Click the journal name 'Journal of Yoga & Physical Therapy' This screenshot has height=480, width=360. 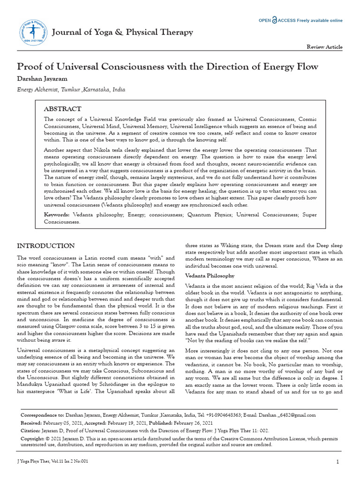(122, 32)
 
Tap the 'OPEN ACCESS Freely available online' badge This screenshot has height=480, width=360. (300, 21)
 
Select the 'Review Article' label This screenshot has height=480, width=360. (324, 47)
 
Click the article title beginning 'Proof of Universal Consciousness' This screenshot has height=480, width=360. (167, 66)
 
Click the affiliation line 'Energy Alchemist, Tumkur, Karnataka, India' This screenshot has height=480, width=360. (71, 90)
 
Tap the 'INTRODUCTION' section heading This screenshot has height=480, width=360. (45, 246)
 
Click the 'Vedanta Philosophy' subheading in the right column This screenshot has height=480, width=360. (210, 275)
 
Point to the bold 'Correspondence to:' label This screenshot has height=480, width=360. (42, 415)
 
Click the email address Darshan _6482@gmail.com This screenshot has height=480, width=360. (287, 415)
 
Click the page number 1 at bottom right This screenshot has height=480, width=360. (337, 462)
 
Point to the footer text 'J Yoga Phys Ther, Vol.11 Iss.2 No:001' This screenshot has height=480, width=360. (52, 461)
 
